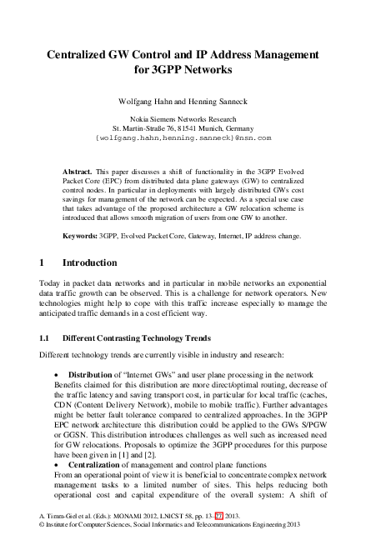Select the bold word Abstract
pyautogui.click(x=79, y=170)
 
